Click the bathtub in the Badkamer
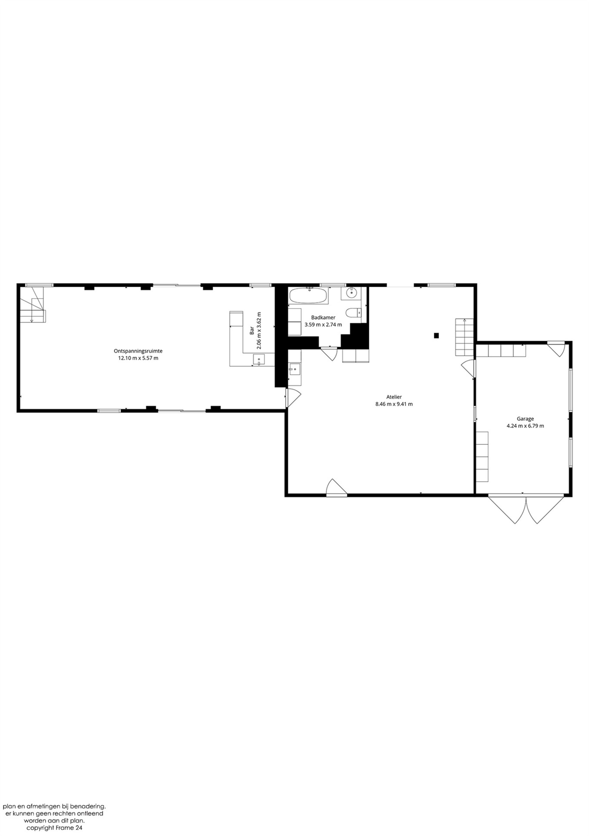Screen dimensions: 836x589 tap(307, 296)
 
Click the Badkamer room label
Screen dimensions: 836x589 tap(323, 318)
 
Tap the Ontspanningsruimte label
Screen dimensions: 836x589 tap(138, 351)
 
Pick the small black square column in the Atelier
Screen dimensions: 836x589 tap(436, 335)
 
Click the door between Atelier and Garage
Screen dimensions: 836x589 tap(469, 369)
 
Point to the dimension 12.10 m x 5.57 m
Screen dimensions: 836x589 tap(138, 358)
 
